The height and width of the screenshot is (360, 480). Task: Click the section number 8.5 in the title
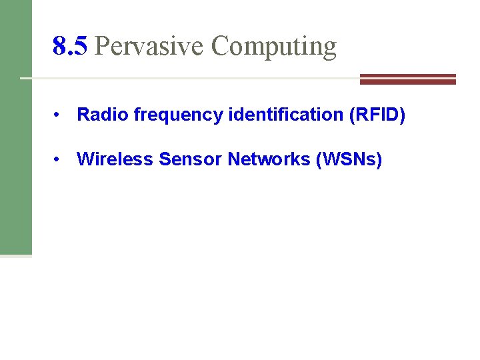(70, 47)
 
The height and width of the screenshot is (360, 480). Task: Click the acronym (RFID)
(377, 115)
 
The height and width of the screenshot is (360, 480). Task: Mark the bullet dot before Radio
(59, 115)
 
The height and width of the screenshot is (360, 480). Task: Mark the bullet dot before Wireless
(59, 160)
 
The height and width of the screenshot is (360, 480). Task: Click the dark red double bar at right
(407, 79)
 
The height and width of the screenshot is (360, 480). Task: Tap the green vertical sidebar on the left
(15, 127)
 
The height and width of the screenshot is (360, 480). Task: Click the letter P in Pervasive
(102, 47)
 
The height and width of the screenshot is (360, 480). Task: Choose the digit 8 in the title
(60, 47)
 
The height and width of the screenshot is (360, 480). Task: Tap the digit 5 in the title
(80, 47)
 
